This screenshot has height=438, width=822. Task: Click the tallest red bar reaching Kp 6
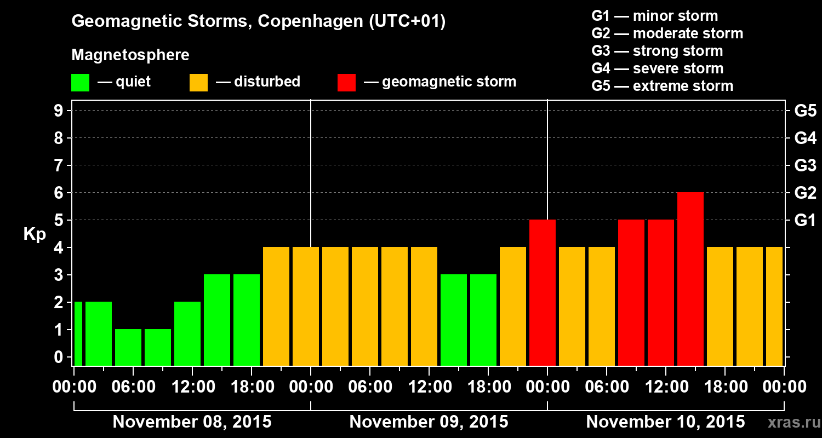tap(690, 279)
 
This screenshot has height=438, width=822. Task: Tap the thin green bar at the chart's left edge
tap(78, 333)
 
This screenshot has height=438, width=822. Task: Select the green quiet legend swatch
tap(80, 83)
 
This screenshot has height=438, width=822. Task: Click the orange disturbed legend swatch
tap(198, 83)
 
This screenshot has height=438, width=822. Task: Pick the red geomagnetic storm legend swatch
tap(346, 83)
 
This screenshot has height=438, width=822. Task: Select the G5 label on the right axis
tap(805, 111)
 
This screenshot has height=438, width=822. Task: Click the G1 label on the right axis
tap(805, 221)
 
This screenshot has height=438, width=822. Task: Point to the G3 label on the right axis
tap(805, 166)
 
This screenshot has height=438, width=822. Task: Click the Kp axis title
tap(35, 234)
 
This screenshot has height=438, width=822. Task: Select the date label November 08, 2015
tap(192, 422)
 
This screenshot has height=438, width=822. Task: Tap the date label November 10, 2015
tap(665, 422)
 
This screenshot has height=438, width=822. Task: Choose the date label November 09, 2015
tap(429, 422)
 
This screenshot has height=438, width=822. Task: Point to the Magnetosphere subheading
tap(130, 55)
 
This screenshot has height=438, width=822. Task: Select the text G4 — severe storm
tap(658, 68)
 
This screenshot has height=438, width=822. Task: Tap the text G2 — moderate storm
tap(667, 33)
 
